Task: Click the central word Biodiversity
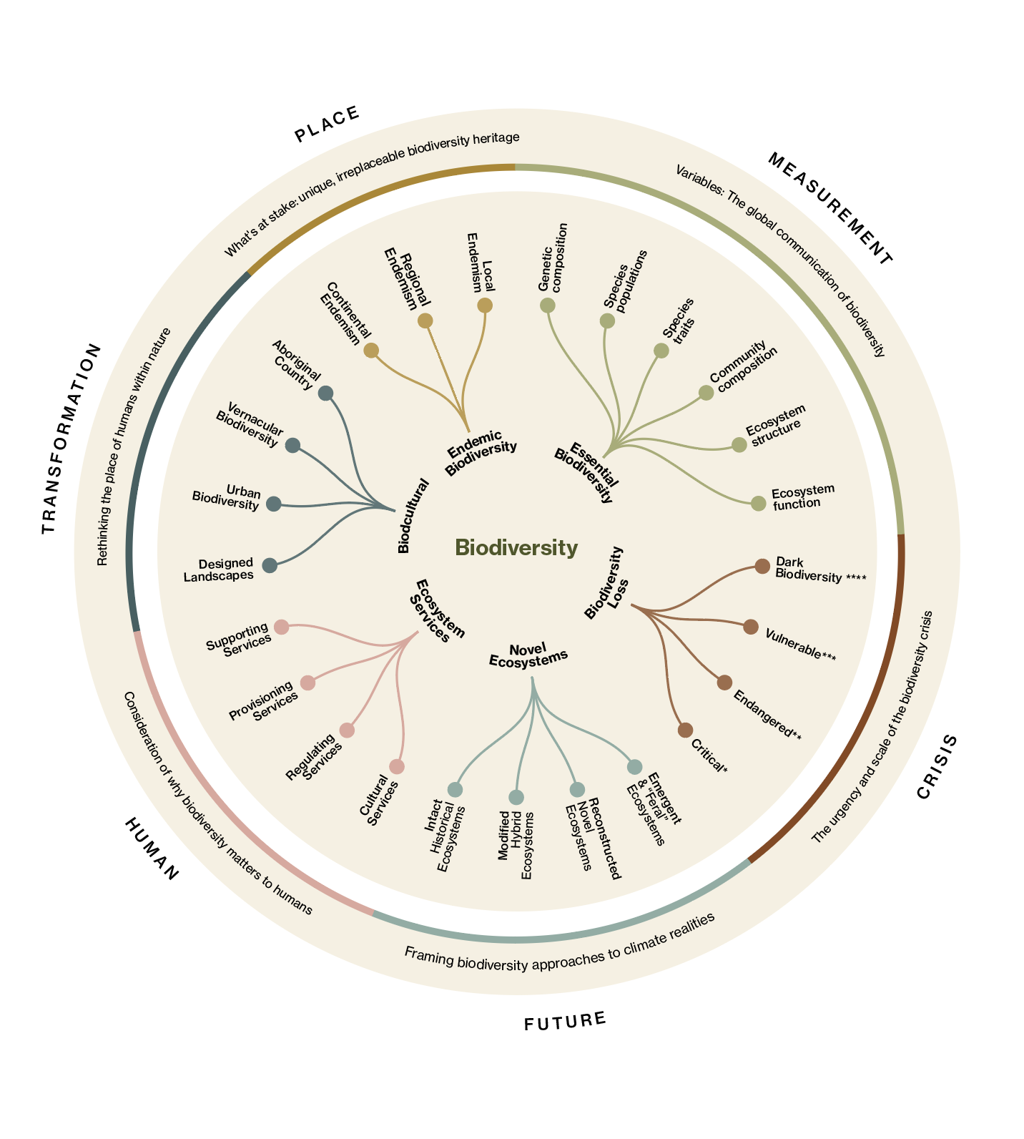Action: coord(516,548)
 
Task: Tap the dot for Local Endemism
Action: coord(485,305)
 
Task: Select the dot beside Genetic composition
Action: coord(548,305)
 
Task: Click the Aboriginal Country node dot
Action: coord(325,393)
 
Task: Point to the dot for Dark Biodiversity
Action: coord(762,567)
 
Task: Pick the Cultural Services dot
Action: coord(397,767)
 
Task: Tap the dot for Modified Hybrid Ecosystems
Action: coord(516,797)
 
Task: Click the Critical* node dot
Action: coord(685,730)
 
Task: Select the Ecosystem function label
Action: coord(802,497)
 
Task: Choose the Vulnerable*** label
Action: coord(799,645)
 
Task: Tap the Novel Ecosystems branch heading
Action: coord(528,655)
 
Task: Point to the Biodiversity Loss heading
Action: coord(607,583)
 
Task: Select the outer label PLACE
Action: coord(327,124)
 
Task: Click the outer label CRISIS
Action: coord(936,766)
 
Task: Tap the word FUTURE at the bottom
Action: coord(565,1021)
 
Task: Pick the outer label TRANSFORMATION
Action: coord(71,439)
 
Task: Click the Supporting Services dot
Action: coord(281,627)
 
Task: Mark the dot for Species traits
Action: coord(661,351)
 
